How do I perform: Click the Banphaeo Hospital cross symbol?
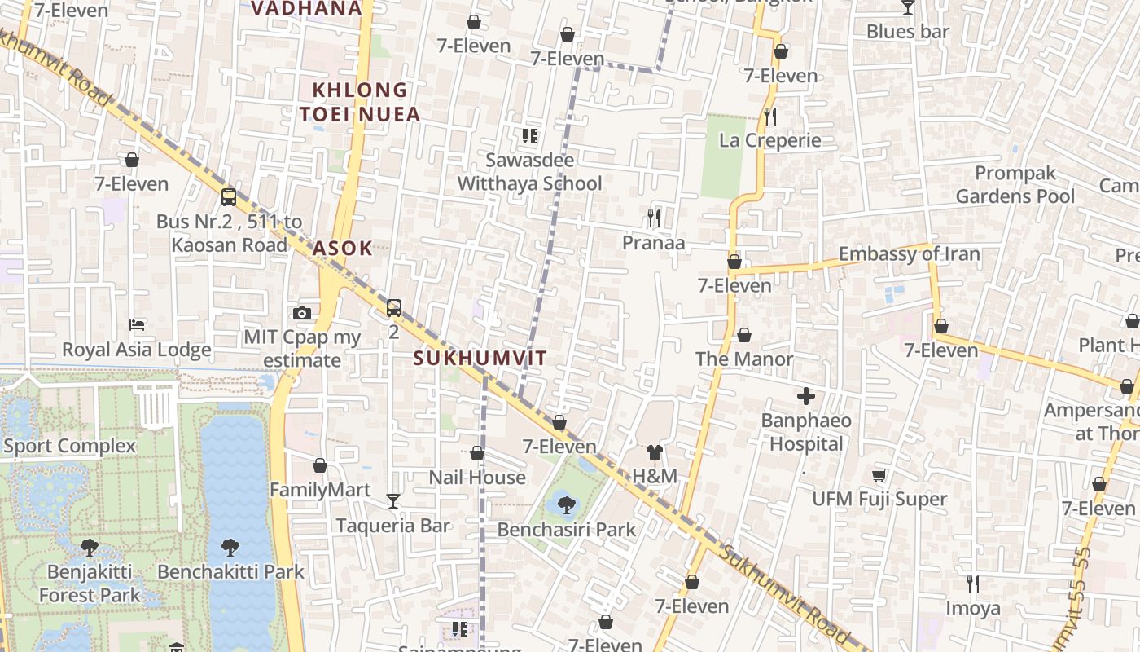click(x=806, y=397)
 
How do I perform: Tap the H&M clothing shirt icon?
click(x=655, y=452)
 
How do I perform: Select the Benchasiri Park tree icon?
click(x=567, y=504)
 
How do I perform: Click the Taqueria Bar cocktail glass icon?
click(x=393, y=500)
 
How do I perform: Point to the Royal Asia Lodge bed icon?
click(x=137, y=325)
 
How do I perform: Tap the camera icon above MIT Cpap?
click(x=302, y=313)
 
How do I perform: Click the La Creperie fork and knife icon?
click(x=770, y=117)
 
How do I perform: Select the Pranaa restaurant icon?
click(x=653, y=218)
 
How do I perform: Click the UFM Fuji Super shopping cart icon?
click(x=879, y=475)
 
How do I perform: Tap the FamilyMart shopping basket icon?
click(x=320, y=465)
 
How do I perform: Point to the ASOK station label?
click(x=343, y=249)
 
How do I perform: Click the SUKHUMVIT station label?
click(x=480, y=358)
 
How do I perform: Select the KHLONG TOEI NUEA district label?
click(x=360, y=102)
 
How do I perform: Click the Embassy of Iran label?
click(x=909, y=254)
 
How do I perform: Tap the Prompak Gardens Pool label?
click(x=1026, y=185)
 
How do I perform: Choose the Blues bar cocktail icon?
click(x=908, y=8)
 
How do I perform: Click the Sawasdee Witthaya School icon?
click(x=530, y=135)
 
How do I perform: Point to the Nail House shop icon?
click(x=477, y=453)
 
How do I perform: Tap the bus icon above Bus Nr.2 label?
click(x=229, y=197)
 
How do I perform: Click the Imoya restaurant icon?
click(x=972, y=584)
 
